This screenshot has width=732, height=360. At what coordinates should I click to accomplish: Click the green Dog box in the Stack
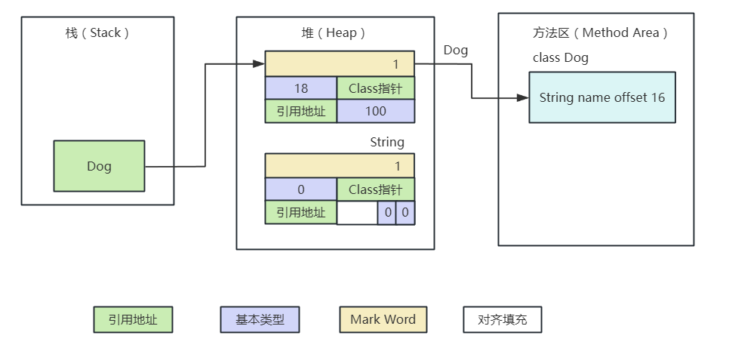tap(99, 166)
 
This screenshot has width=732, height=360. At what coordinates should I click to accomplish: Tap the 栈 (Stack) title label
tap(97, 33)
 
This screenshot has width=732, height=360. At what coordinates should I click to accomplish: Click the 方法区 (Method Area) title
tap(601, 33)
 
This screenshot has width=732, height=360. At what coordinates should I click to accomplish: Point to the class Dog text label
tap(560, 58)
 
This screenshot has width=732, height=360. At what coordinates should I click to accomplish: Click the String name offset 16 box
tap(601, 98)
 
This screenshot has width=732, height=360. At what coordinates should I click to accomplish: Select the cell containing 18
tap(300, 88)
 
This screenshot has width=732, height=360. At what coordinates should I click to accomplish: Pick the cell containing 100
tap(375, 111)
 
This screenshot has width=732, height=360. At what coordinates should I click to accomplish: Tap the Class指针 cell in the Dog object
tap(375, 88)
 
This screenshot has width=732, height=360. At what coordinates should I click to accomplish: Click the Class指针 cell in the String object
tap(375, 189)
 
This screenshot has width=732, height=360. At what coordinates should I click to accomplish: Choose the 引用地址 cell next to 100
tap(300, 111)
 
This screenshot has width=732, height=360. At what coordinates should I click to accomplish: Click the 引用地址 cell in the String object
tap(300, 213)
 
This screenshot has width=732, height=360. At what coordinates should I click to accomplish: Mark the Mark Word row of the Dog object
tap(340, 64)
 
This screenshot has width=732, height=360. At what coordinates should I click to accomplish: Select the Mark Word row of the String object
tap(340, 165)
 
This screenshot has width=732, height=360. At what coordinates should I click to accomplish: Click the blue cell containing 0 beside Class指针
tap(300, 189)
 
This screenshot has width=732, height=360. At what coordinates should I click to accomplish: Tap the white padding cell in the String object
tap(357, 213)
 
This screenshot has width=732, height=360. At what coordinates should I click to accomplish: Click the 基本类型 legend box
tap(260, 319)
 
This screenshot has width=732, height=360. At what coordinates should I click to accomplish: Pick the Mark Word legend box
tap(383, 319)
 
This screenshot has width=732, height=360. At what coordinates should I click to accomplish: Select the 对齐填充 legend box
tap(502, 319)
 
